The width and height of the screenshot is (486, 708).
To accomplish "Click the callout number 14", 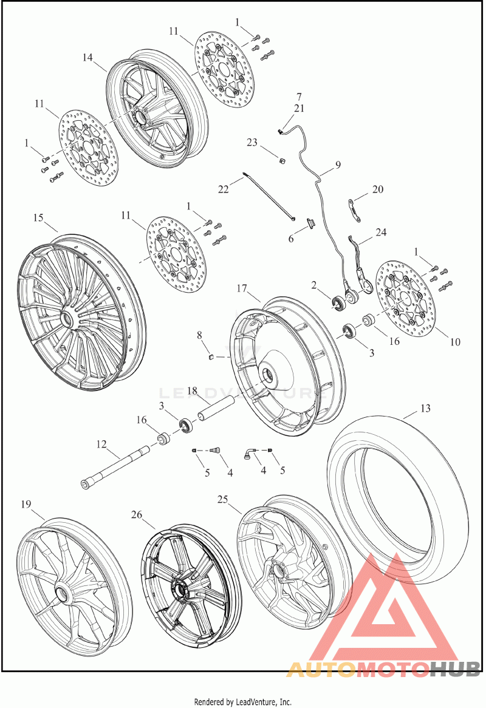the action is click(x=87, y=57).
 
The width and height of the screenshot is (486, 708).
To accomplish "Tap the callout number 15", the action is click(x=38, y=217).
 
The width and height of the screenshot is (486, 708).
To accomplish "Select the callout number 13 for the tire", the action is click(x=425, y=408).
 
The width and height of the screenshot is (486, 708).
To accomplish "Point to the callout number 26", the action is click(x=137, y=514).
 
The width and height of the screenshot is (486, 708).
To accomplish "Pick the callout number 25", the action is click(x=223, y=499).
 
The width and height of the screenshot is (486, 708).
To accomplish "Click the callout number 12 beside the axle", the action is click(x=101, y=444).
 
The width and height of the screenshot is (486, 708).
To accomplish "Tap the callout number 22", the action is click(x=224, y=189).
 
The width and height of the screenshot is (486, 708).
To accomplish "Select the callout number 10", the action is click(x=455, y=342).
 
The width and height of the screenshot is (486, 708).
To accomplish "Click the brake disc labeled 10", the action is click(x=404, y=299).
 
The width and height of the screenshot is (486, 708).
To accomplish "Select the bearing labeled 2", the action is click(x=339, y=303).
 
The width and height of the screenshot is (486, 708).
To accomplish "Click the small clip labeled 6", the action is click(x=311, y=222).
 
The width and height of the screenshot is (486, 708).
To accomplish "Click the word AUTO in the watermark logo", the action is click(x=320, y=669).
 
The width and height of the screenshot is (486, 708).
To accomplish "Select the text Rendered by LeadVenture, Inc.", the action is click(x=242, y=702).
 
